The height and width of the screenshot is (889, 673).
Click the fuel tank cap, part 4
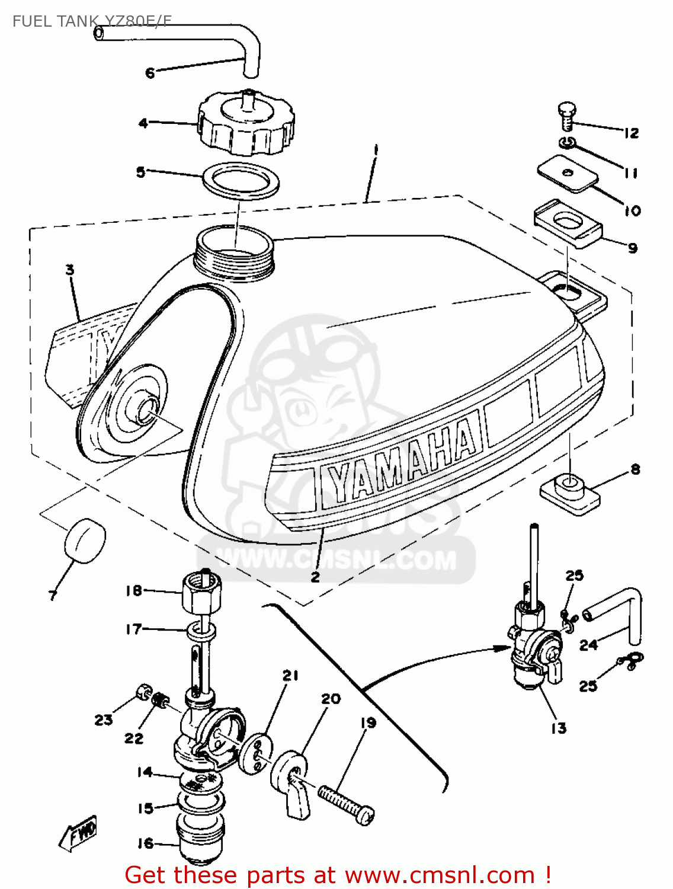pos(245,124)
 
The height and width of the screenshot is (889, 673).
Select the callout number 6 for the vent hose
pos(150,73)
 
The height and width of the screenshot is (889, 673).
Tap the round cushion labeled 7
pos(85,539)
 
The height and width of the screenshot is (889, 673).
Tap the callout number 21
pos(290,676)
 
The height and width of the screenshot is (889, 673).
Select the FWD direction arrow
pos(78,834)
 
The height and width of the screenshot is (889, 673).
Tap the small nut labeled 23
pos(142,691)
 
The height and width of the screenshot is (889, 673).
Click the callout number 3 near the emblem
pos(70,270)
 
